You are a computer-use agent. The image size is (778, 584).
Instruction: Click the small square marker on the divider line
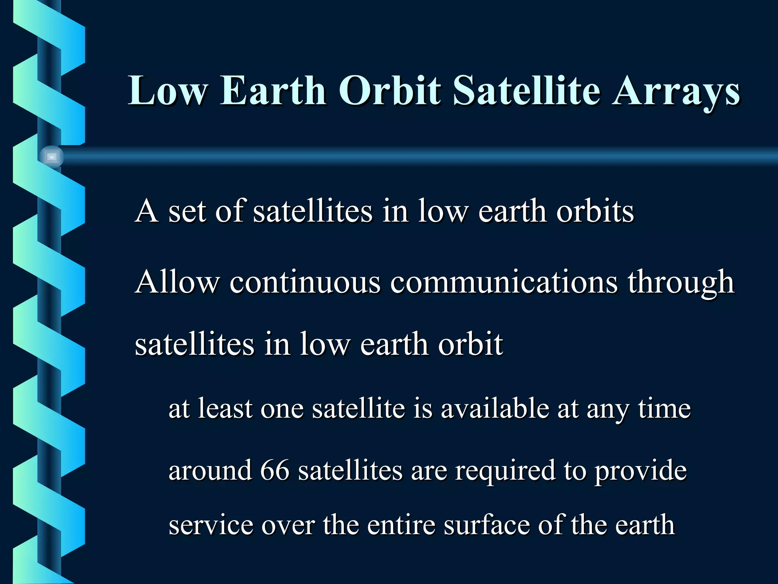pyautogui.click(x=52, y=157)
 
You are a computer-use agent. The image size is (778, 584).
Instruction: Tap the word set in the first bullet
pyautogui.click(x=187, y=212)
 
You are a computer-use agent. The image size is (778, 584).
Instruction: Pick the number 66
pyautogui.click(x=275, y=470)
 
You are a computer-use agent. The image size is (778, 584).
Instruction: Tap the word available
pyautogui.click(x=495, y=409)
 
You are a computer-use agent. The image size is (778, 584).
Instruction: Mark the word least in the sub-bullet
pyautogui.click(x=225, y=409)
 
